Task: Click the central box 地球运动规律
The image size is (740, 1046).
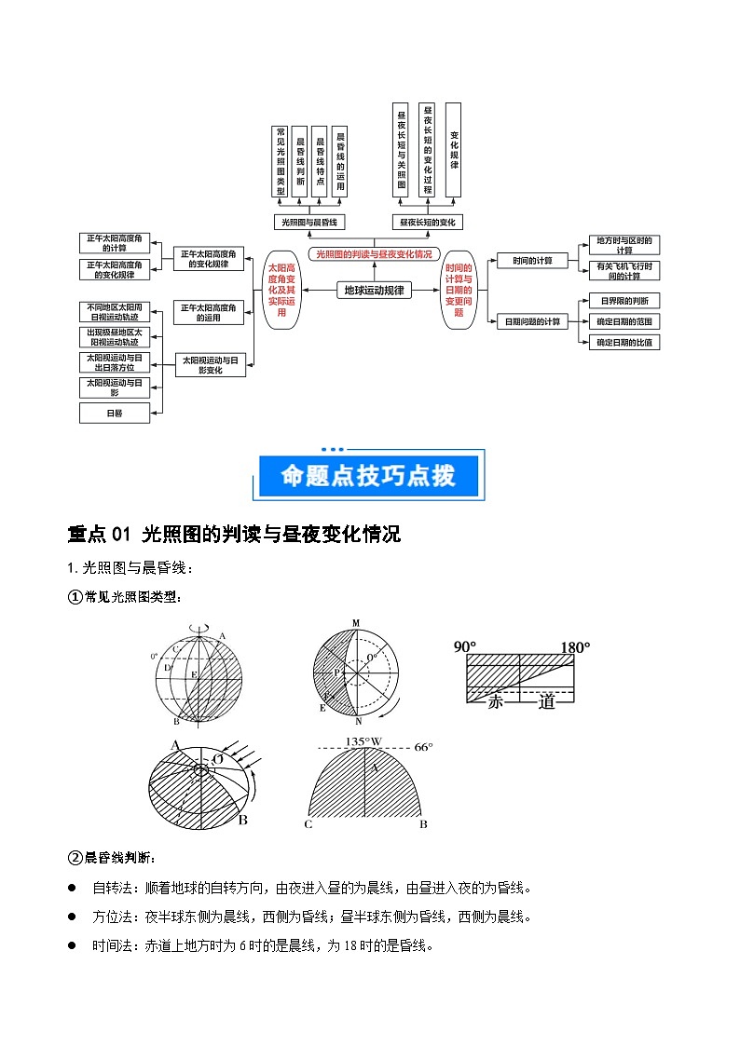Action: click(x=374, y=290)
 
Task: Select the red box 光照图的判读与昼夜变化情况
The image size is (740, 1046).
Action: click(x=374, y=253)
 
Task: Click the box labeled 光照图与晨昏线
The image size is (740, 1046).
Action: click(x=310, y=222)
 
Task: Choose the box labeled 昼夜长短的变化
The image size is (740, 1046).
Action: click(x=427, y=222)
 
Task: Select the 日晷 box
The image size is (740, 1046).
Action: click(x=115, y=413)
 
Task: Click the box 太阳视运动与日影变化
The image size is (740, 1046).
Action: click(x=210, y=364)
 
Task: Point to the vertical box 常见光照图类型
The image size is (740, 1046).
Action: click(x=280, y=161)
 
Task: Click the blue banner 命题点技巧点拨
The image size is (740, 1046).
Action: click(x=369, y=476)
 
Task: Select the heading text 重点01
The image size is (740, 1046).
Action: click(x=101, y=535)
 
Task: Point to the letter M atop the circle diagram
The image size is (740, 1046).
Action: click(x=355, y=623)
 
